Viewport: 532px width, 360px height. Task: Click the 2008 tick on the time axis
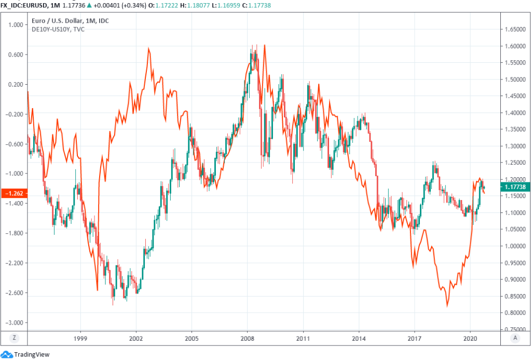tap(247, 337)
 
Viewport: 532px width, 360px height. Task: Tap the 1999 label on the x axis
tap(80, 337)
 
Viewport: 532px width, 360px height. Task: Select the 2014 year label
tap(359, 337)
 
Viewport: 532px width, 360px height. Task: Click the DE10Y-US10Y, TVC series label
tap(57, 29)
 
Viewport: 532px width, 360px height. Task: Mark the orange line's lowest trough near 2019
tap(447, 306)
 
